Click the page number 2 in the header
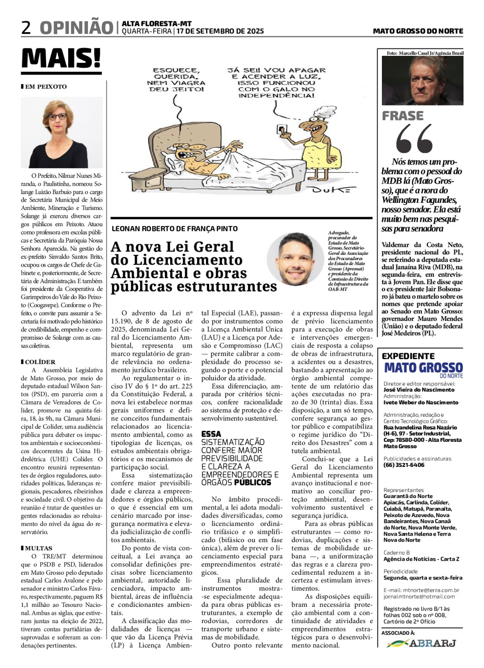26,28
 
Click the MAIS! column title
61,58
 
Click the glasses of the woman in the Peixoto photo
58,117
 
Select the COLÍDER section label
40,362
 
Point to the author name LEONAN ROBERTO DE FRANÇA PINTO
175,229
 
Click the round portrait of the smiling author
295,259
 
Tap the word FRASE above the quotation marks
403,116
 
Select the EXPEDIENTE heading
408,356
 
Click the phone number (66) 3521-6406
404,465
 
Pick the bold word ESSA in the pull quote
211,434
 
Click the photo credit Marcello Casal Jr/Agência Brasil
425,53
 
